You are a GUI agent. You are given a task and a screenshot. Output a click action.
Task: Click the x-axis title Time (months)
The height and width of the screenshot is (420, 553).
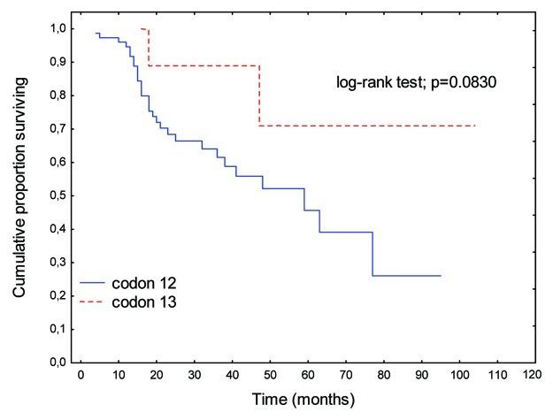(303, 398)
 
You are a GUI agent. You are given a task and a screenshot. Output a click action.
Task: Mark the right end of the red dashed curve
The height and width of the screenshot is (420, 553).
(475, 126)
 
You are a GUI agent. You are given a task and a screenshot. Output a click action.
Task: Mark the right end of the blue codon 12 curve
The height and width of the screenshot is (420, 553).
(441, 276)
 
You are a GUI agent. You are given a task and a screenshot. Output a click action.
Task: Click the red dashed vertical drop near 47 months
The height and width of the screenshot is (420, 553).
(259, 95)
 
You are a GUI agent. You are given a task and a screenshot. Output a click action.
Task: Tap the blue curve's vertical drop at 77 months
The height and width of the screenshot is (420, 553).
(373, 255)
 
